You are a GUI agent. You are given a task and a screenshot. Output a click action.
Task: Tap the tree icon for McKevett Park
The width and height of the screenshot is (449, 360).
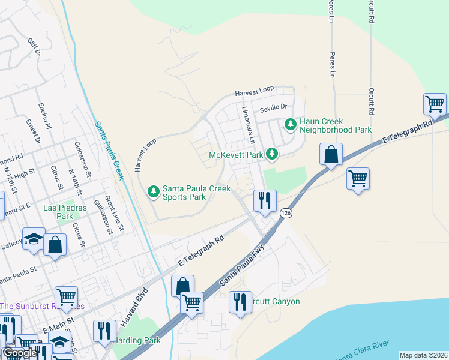coord(273,155)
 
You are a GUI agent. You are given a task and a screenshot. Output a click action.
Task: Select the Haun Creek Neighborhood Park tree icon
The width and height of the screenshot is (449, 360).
coord(291,125)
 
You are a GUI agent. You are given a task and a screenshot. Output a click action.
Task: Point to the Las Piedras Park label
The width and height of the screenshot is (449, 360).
coord(58,212)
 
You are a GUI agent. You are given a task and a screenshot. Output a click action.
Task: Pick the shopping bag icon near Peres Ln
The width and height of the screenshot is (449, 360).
coord(331,155)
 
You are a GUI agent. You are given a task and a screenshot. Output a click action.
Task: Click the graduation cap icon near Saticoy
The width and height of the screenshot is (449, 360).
coord(34,239)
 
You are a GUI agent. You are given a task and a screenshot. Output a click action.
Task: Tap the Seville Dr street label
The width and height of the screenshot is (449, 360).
coord(274,109)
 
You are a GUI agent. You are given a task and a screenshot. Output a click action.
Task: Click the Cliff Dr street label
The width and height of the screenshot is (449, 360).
coord(34,47)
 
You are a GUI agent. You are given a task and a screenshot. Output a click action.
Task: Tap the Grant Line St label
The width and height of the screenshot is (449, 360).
coord(114,213)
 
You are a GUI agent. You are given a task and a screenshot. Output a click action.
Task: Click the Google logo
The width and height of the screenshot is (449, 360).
coord(20,353)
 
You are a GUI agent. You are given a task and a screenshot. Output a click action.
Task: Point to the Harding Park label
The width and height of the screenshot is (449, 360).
coord(136,340)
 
